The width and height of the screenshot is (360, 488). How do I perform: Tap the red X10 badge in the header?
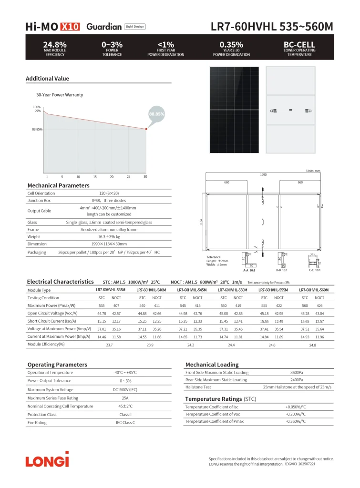(70, 27)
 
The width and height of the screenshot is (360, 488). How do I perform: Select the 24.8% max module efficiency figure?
(55, 45)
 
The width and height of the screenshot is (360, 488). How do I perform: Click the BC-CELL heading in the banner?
(299, 45)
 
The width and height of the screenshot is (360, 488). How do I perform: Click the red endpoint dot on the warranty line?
(146, 129)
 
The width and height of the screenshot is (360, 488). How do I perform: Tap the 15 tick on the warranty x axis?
(95, 177)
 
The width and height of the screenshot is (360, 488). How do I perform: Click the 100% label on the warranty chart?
(37, 107)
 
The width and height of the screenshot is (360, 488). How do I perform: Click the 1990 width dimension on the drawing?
(263, 175)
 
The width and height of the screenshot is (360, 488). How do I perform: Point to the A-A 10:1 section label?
(249, 270)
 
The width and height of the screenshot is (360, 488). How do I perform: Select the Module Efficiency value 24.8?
(312, 344)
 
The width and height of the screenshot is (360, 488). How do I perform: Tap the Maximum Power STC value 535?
(102, 305)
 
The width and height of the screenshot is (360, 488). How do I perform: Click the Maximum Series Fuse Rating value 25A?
(125, 398)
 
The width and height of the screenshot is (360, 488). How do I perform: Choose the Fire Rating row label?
(37, 422)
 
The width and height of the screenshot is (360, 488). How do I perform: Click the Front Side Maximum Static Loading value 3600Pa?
(297, 372)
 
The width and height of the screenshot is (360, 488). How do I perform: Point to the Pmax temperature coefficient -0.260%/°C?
(296, 421)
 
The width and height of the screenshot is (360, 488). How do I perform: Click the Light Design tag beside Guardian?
(134, 27)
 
